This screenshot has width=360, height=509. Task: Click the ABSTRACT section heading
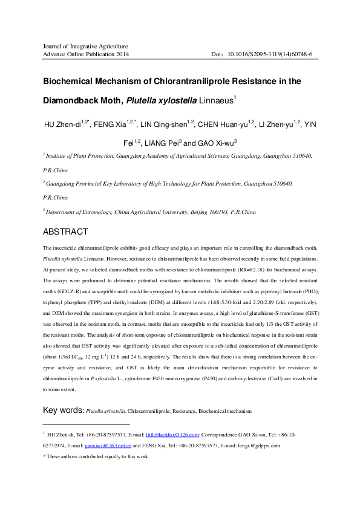(x=65, y=232)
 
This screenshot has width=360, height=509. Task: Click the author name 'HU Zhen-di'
(x=64, y=125)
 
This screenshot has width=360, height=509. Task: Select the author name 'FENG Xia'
(x=112, y=125)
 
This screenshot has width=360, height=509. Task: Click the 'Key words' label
(x=62, y=411)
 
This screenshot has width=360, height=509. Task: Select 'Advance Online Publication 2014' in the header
(x=85, y=54)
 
